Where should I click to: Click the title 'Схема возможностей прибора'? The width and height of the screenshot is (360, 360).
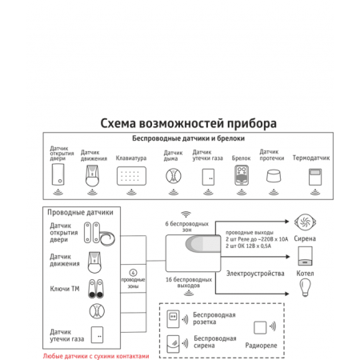(189, 124)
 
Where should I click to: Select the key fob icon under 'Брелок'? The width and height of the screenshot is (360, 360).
(241, 179)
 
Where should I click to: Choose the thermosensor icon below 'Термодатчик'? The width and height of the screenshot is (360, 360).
(311, 178)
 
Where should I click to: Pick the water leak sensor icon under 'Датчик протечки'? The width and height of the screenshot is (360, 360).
(274, 176)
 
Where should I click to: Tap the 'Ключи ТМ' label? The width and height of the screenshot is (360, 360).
(65, 286)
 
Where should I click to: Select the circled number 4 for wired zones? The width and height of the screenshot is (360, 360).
(133, 273)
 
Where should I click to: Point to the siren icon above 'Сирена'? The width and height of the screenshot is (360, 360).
(305, 222)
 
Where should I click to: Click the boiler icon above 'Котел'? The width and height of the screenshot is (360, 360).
(305, 255)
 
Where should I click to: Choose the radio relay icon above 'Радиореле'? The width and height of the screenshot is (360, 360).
(260, 326)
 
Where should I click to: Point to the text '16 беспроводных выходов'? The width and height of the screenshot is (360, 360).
(189, 283)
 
